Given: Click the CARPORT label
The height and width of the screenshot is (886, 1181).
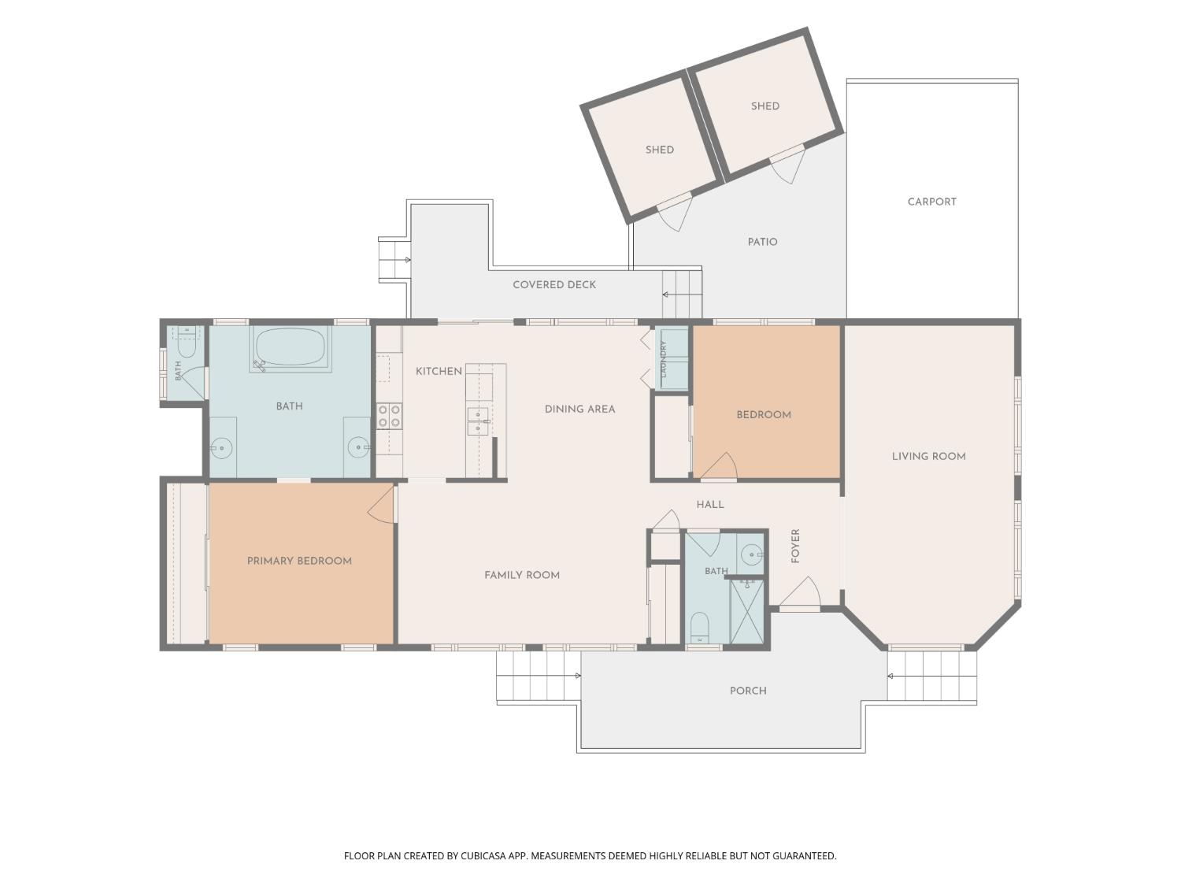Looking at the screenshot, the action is pyautogui.click(x=931, y=202).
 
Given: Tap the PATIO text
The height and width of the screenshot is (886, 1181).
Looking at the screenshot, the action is pyautogui.click(x=762, y=242).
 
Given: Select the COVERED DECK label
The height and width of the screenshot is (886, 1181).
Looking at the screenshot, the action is pyautogui.click(x=554, y=284).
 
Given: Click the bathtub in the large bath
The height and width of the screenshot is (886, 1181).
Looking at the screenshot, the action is pyautogui.click(x=290, y=347).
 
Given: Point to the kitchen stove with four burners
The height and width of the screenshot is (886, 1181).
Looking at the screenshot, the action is pyautogui.click(x=389, y=416).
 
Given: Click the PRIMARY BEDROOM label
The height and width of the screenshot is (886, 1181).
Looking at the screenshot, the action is pyautogui.click(x=299, y=561).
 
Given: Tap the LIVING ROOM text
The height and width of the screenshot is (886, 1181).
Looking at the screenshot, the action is pyautogui.click(x=928, y=456).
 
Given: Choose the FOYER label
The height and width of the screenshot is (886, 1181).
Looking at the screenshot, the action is pyautogui.click(x=795, y=546).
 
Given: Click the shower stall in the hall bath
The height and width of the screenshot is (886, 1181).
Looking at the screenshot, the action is pyautogui.click(x=747, y=611).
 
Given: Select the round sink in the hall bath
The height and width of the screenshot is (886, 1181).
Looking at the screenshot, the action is pyautogui.click(x=751, y=553).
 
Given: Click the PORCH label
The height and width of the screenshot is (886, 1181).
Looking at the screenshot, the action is pyautogui.click(x=748, y=691).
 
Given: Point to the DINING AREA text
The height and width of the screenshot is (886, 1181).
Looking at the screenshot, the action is pyautogui.click(x=579, y=410).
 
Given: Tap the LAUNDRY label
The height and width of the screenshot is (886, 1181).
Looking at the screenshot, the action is pyautogui.click(x=664, y=358).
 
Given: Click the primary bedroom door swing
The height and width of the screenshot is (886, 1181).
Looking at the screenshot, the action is pyautogui.click(x=381, y=503).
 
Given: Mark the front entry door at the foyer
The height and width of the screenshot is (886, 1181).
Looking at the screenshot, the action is pyautogui.click(x=800, y=593).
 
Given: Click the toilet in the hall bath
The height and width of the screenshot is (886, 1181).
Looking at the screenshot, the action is pyautogui.click(x=699, y=627).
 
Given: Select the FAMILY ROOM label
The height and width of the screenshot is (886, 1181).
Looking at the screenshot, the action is pyautogui.click(x=522, y=575).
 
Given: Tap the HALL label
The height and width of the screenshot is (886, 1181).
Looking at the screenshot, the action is pyautogui.click(x=710, y=505).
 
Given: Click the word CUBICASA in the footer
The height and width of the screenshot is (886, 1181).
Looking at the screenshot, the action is pyautogui.click(x=483, y=856).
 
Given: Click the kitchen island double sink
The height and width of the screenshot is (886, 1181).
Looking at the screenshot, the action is pyautogui.click(x=478, y=421).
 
